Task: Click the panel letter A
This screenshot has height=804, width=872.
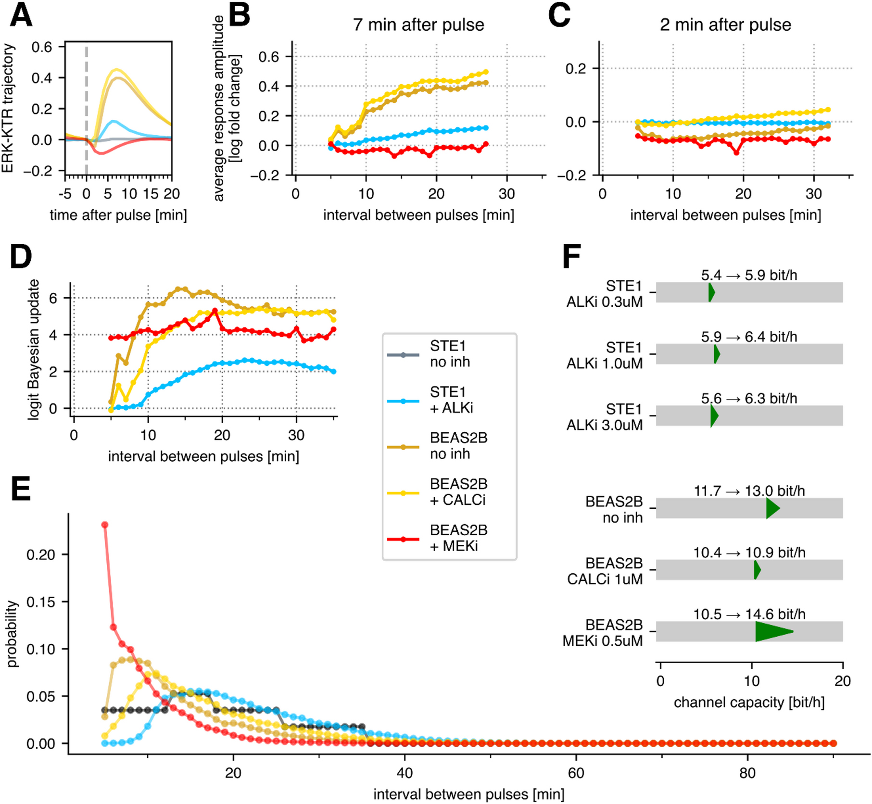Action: pyautogui.click(x=21, y=15)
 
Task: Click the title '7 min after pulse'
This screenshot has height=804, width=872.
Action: pyautogui.click(x=418, y=25)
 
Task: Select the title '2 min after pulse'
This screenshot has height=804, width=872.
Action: pyautogui.click(x=725, y=25)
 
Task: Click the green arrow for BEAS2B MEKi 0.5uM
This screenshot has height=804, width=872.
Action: pyautogui.click(x=773, y=631)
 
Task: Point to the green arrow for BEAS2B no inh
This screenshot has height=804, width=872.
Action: pyautogui.click(x=772, y=508)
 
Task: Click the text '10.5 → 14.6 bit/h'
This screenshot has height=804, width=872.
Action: pyautogui.click(x=749, y=614)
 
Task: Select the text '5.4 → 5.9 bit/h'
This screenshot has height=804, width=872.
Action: pyautogui.click(x=749, y=275)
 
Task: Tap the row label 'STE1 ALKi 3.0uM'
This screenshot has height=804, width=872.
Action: pyautogui.click(x=605, y=417)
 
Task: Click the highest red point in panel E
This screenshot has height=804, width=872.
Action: pyautogui.click(x=104, y=525)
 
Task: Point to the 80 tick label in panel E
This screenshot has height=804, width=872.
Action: pyautogui.click(x=747, y=773)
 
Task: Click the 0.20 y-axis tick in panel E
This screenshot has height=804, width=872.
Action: pyautogui.click(x=41, y=554)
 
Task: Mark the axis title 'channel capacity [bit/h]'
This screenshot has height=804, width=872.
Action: pyautogui.click(x=749, y=703)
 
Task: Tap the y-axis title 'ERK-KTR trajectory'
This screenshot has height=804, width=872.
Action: pyautogui.click(x=8, y=108)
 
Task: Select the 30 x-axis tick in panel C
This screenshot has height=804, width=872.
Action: pyautogui.click(x=813, y=194)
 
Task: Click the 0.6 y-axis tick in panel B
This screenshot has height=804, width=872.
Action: pyautogui.click(x=268, y=57)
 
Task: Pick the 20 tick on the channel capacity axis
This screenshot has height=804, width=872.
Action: pyautogui.click(x=842, y=681)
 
